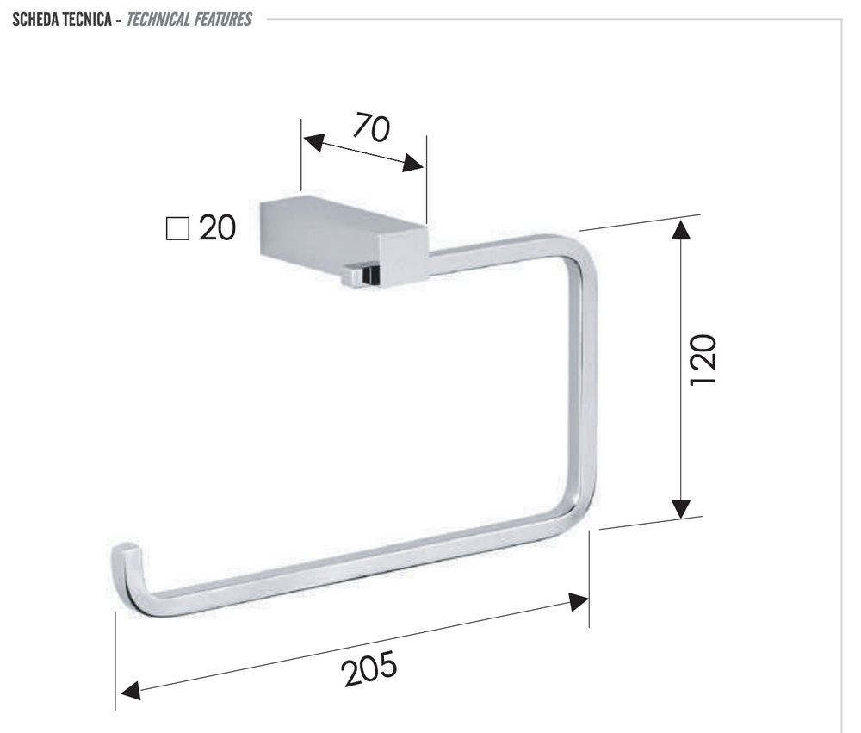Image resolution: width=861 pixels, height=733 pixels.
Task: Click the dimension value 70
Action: tap(371, 127)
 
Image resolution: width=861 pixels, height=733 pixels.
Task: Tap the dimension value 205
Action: tap(369, 668)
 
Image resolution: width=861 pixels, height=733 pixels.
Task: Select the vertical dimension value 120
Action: tap(703, 359)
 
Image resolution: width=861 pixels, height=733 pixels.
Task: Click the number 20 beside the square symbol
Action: tap(218, 227)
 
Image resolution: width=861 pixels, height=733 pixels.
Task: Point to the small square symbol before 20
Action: tap(177, 228)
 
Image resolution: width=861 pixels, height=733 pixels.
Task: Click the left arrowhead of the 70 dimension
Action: tap(313, 142)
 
